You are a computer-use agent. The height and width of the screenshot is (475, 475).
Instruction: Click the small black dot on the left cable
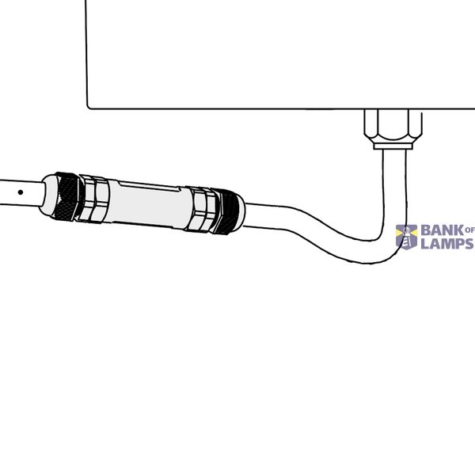point(21,192)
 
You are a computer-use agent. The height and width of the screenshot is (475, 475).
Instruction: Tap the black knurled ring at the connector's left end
point(66,196)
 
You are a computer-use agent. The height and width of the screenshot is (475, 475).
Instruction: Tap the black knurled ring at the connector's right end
point(226,211)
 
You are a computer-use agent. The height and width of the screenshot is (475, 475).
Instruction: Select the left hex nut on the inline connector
point(93,199)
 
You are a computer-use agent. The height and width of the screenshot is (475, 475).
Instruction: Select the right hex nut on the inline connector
point(200,209)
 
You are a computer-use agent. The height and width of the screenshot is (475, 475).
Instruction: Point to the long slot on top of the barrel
point(149,186)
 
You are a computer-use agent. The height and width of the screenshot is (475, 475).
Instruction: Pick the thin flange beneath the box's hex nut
point(393,146)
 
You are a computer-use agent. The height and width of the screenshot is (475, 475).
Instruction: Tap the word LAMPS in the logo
point(447,243)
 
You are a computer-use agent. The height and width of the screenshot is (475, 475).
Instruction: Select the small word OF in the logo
point(469,230)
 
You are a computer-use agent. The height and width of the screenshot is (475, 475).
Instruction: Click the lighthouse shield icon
point(407,237)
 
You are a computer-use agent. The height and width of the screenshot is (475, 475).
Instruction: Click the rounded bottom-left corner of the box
point(89,107)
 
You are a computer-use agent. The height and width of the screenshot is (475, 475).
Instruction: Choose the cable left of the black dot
point(9,192)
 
